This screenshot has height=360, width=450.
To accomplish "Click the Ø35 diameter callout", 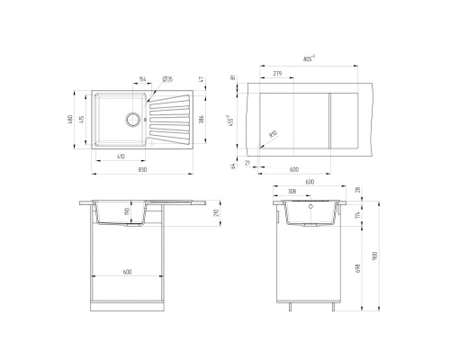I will pyautogui.click(x=169, y=80).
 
